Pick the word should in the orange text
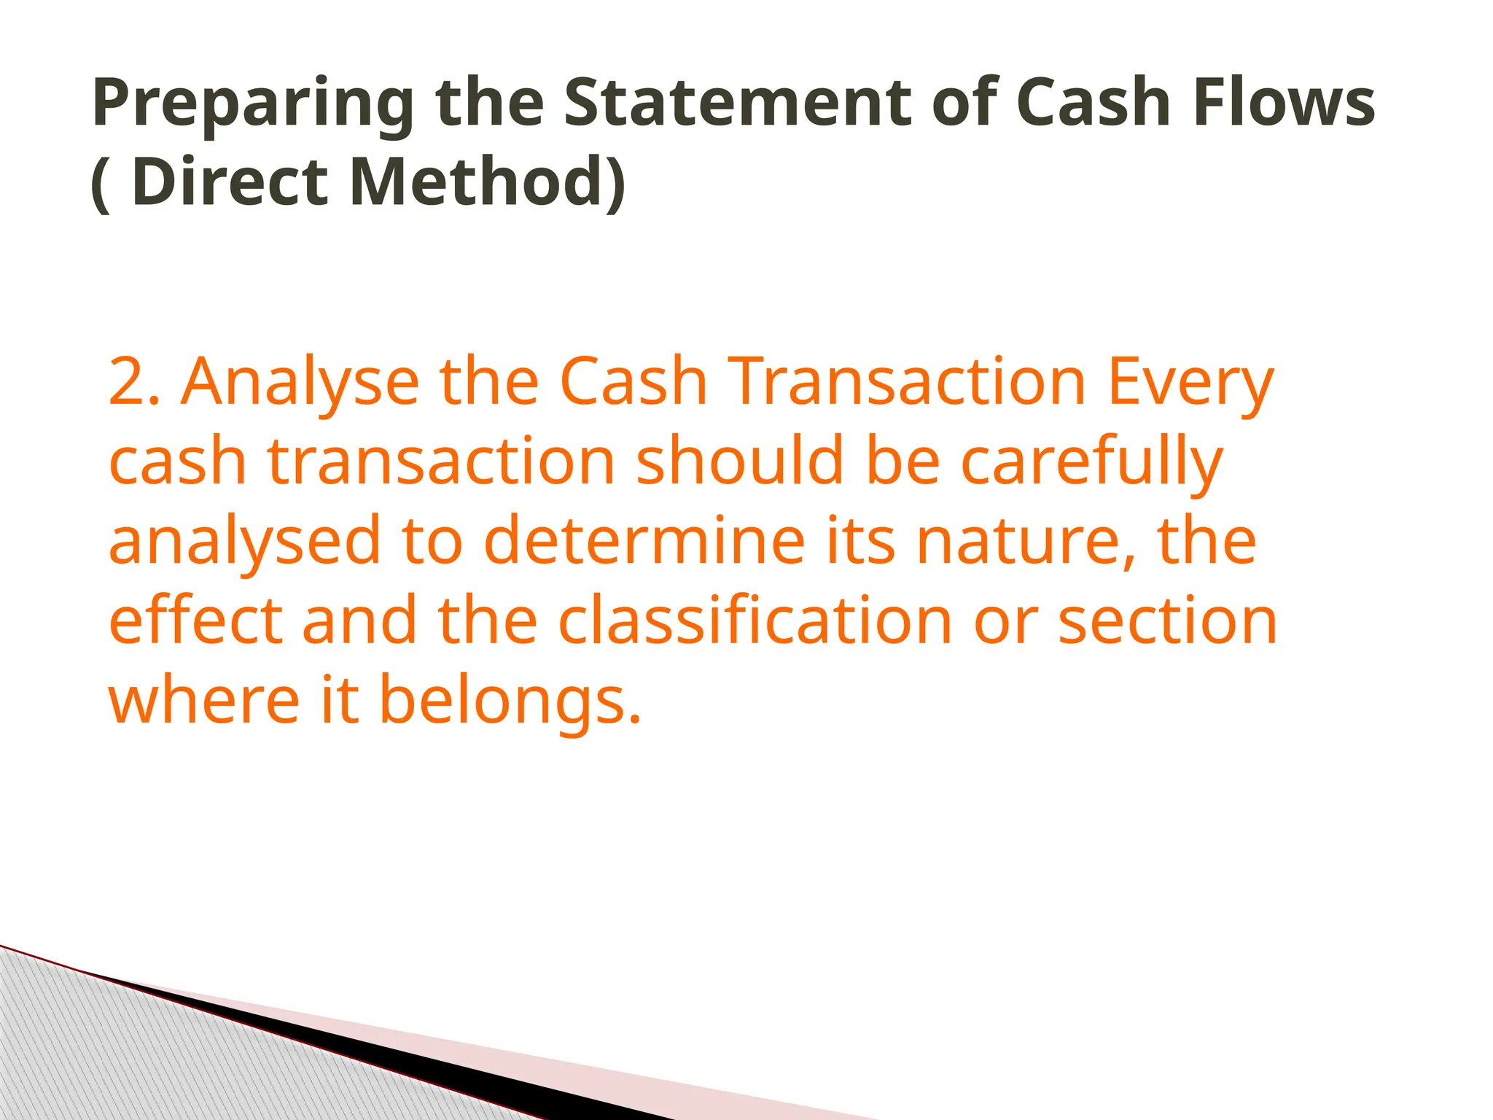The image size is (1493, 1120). [x=739, y=461]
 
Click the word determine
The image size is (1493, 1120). [x=644, y=540]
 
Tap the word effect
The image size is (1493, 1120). [x=195, y=620]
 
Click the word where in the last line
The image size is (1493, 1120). [x=204, y=699]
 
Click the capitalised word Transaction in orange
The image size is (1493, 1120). [x=909, y=382]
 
